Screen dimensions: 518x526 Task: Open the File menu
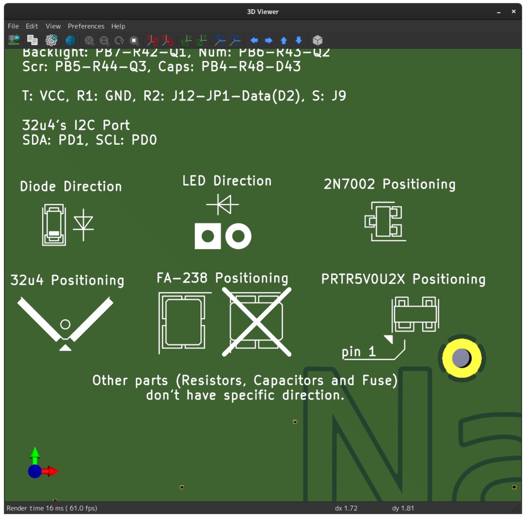pos(13,26)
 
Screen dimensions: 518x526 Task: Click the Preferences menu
pos(86,26)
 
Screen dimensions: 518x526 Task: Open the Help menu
pos(118,26)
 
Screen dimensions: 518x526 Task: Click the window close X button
pos(513,12)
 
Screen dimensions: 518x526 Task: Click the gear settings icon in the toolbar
pos(51,40)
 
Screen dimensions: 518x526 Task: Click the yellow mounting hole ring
pos(461,358)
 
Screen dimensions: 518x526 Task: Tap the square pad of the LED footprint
pos(208,236)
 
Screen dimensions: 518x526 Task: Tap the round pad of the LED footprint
pos(238,236)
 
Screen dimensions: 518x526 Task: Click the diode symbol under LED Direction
pos(223,205)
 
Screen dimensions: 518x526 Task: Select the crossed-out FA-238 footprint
pos(256,322)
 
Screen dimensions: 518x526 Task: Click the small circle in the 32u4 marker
pos(65,324)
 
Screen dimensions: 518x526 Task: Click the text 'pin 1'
pos(359,352)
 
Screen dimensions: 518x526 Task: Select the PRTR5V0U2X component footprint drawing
pos(415,314)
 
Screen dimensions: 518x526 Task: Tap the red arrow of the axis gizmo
pos(52,471)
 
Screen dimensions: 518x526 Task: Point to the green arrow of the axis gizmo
pos(35,454)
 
